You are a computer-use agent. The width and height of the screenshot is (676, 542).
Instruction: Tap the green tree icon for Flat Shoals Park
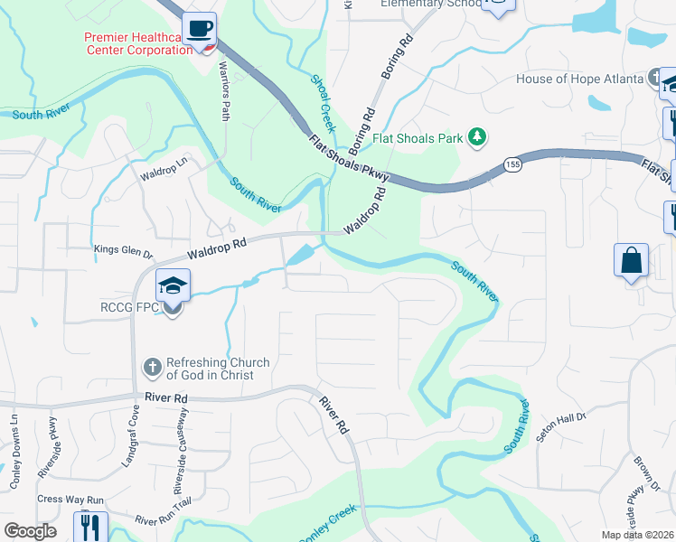[476, 137]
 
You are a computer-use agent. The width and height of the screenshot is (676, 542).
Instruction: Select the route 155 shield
[512, 164]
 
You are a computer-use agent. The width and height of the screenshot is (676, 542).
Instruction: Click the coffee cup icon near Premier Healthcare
[199, 28]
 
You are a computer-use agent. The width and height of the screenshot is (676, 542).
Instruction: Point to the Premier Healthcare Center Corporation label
[137, 43]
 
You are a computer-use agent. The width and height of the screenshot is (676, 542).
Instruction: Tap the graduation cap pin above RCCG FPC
[172, 286]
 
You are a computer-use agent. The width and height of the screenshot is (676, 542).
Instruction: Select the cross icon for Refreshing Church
[152, 368]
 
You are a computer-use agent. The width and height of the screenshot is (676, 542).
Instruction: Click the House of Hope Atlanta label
[578, 79]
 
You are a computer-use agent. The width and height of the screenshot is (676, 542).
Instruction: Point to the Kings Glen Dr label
[124, 249]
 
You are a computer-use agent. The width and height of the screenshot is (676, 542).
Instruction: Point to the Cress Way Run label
[71, 500]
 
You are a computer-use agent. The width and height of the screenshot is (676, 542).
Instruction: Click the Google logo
[31, 531]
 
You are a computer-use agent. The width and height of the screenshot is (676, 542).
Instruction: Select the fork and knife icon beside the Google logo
[91, 526]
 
